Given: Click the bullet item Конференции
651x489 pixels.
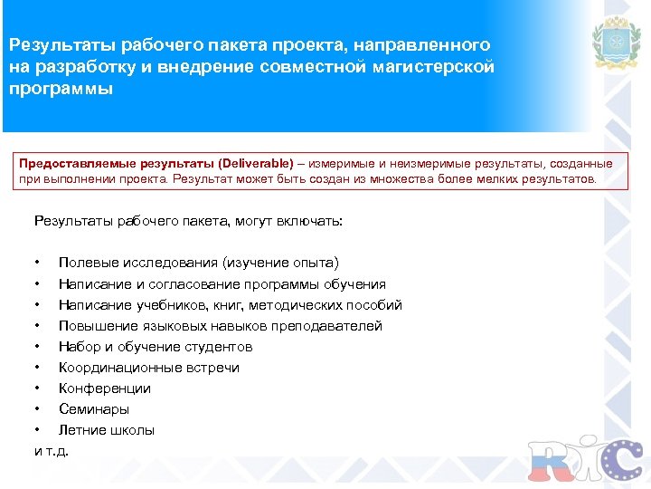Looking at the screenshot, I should coord(105,388).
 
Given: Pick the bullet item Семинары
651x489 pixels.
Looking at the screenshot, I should coord(94,409).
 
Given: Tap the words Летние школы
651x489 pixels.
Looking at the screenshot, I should coord(107,430).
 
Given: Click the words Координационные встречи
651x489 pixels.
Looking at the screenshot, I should coord(149,368).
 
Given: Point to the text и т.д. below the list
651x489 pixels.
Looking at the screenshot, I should coord(52,450).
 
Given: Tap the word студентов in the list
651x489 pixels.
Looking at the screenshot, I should coord(222,347).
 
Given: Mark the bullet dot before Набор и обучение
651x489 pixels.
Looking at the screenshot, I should coord(37,347).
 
